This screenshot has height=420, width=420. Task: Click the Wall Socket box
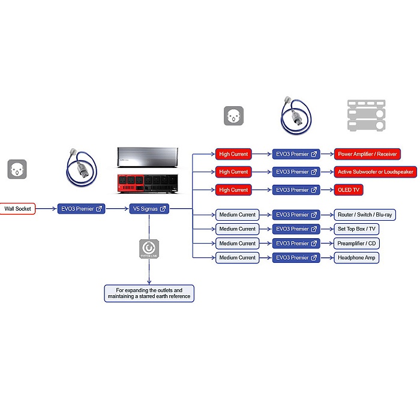[17, 209]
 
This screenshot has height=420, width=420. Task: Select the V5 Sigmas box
[149, 209]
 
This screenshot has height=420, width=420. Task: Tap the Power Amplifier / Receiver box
[367, 154]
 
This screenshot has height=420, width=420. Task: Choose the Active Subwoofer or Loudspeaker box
[375, 172]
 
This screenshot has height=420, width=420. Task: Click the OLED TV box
[349, 190]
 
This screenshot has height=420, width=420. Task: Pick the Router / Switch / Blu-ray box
[365, 215]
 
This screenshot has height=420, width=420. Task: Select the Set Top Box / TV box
[356, 229]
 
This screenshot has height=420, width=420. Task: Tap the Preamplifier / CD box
[356, 244]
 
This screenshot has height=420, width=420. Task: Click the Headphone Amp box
[356, 257]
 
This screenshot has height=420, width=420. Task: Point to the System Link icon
[149, 249]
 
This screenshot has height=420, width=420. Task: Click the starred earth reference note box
[149, 293]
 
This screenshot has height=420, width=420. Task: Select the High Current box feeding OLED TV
[233, 190]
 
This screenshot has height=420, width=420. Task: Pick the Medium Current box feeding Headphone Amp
[238, 257]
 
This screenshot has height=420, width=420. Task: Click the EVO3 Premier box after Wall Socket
[81, 209]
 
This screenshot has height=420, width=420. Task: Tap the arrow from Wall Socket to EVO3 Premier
[46, 209]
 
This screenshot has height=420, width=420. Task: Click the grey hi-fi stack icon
[367, 115]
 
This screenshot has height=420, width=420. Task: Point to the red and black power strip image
[148, 184]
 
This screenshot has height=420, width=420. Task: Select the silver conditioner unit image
[148, 157]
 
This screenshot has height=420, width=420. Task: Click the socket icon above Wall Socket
[17, 169]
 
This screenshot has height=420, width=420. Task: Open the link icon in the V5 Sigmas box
[163, 209]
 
